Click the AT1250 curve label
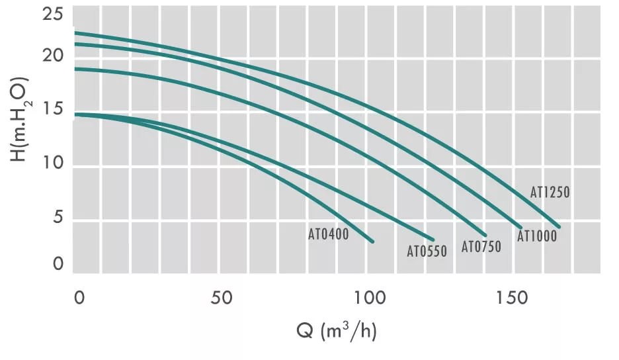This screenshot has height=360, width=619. click(x=550, y=193)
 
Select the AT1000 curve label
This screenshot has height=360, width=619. click(x=536, y=236)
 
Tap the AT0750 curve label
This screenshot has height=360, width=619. click(x=481, y=247)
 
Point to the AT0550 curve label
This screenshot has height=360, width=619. click(x=427, y=251)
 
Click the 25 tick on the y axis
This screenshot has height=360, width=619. click(x=52, y=14)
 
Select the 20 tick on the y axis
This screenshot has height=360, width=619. click(x=52, y=56)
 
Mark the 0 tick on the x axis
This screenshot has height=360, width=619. click(x=79, y=298)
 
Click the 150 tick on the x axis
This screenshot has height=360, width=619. click(x=513, y=298)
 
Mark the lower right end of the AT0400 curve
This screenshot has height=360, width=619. click(x=373, y=242)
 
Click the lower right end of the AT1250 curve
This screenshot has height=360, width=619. click(x=559, y=227)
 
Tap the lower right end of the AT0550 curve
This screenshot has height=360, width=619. click(x=433, y=240)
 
